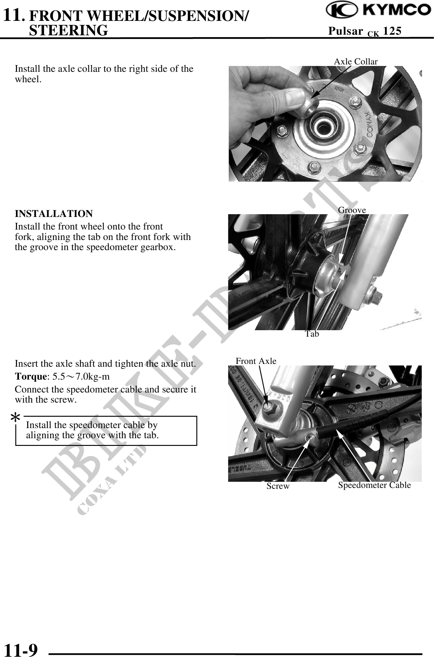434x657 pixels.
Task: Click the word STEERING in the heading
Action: tap(68, 30)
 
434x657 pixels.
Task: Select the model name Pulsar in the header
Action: tap(345, 31)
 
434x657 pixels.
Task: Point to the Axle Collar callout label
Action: tap(356, 61)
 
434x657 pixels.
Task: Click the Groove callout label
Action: tap(352, 210)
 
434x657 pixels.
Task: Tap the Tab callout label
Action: tap(312, 334)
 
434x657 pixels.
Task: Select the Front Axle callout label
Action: tap(256, 361)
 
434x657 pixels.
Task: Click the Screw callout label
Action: tap(278, 486)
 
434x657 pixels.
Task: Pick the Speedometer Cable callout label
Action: tap(374, 485)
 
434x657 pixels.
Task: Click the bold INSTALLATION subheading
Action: tap(54, 214)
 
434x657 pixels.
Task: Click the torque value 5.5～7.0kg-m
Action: tap(81, 377)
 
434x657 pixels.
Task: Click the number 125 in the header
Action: tap(392, 31)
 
